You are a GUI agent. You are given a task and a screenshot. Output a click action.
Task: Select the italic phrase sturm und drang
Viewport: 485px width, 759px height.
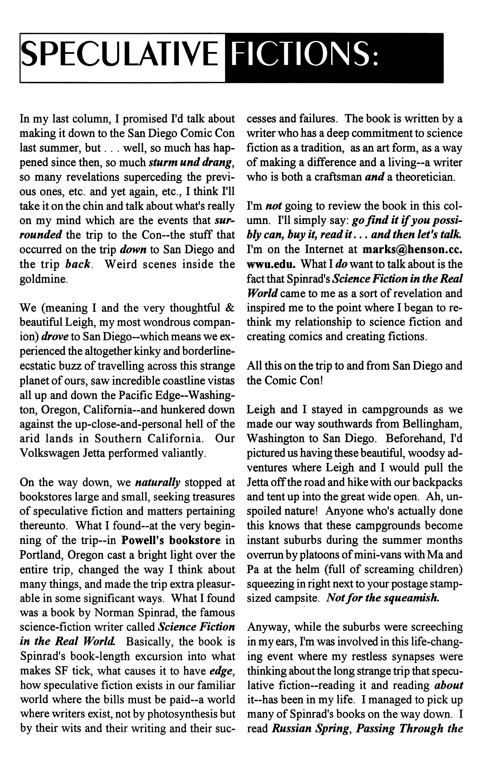[191, 162]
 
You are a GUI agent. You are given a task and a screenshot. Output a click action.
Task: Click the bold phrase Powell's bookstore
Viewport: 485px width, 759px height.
[171, 540]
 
